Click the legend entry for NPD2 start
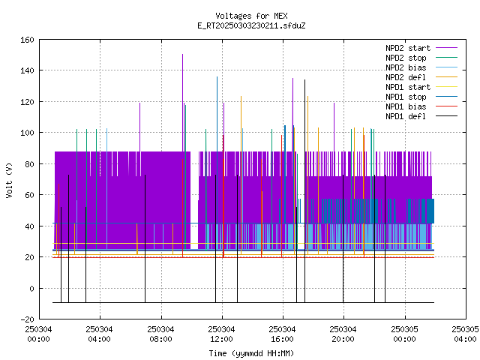pyautogui.click(x=408, y=48)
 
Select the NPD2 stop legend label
pyautogui.click(x=406, y=58)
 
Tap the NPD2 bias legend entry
pyautogui.click(x=406, y=67)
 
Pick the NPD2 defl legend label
pyautogui.click(x=406, y=77)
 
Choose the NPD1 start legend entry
pyautogui.click(x=408, y=87)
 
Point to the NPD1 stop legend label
pyautogui.click(x=406, y=97)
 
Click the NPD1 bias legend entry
pyautogui.click(x=406, y=106)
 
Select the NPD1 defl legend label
pyautogui.click(x=406, y=117)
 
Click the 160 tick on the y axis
pyautogui.click(x=27, y=40)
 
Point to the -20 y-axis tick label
pyautogui.click(x=27, y=319)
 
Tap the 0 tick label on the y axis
pyautogui.click(x=31, y=288)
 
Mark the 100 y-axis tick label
pyautogui.click(x=27, y=133)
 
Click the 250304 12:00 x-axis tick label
pyautogui.click(x=221, y=334)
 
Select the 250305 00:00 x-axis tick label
pyautogui.click(x=405, y=334)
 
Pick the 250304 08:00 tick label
pyautogui.click(x=160, y=334)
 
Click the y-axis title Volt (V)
pyautogui.click(x=9, y=180)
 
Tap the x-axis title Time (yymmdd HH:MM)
pyautogui.click(x=251, y=353)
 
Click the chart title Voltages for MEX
pyautogui.click(x=251, y=16)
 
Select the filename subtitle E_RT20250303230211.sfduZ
pyautogui.click(x=251, y=25)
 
